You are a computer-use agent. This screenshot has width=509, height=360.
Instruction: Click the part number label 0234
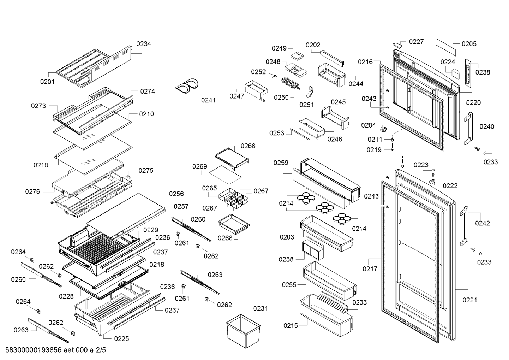point(144,44)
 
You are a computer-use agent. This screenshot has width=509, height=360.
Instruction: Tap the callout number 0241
point(208,100)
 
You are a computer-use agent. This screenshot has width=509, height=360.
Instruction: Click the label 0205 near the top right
point(469,44)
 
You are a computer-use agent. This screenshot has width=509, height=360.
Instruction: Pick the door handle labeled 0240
point(468,129)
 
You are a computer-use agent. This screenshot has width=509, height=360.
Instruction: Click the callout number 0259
point(281,163)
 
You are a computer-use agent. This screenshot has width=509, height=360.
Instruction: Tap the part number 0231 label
point(260,309)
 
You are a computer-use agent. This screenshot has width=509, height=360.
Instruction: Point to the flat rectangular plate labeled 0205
point(445,47)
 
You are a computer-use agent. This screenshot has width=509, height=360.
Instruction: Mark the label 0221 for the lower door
point(469,300)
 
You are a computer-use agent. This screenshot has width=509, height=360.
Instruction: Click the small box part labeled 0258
point(313,251)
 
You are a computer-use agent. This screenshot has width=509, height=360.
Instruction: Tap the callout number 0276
point(32,192)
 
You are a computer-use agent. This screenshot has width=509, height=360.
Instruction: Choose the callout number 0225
point(121,339)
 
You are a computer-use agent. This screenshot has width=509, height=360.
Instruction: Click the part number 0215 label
point(291,326)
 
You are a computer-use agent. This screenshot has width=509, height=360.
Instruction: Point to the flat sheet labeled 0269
point(225,175)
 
